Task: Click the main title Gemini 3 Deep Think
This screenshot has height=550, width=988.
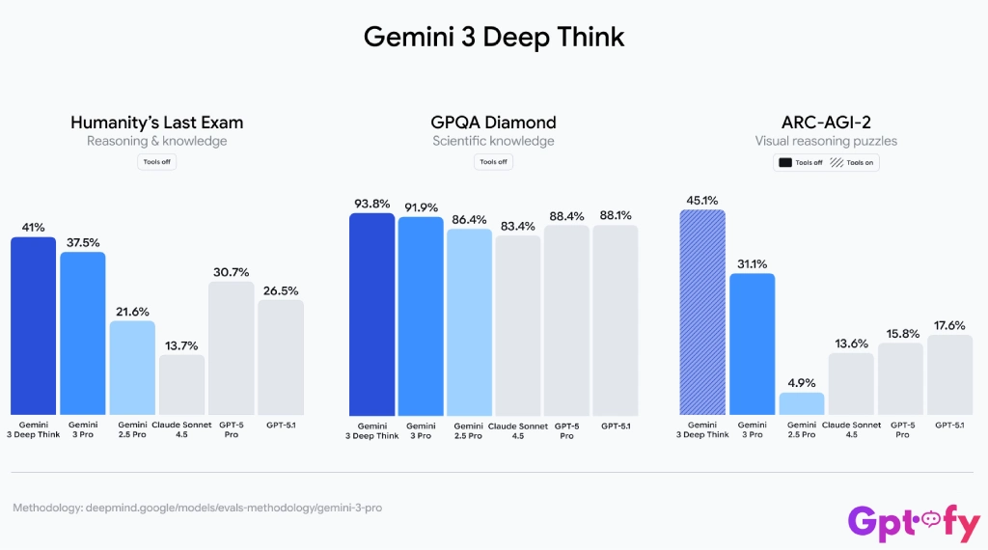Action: click(x=494, y=37)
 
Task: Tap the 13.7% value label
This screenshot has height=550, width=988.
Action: click(x=181, y=344)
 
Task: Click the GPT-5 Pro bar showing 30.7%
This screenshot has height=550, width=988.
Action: click(x=231, y=347)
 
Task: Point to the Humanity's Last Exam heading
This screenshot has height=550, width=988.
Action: click(x=156, y=123)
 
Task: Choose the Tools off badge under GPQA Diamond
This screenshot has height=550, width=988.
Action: click(x=493, y=162)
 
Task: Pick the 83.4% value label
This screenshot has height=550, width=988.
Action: click(x=517, y=225)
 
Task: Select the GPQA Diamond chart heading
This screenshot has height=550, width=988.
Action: click(x=493, y=123)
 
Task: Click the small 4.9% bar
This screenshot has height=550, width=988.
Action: click(x=802, y=403)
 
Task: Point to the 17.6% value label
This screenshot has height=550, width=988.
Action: click(x=948, y=325)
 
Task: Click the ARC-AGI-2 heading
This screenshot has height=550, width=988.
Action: click(x=825, y=123)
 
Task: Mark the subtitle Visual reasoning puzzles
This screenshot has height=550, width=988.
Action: click(x=825, y=141)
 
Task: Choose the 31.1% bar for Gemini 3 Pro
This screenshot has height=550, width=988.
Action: click(x=752, y=344)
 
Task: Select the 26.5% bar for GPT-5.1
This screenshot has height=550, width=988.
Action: click(x=281, y=357)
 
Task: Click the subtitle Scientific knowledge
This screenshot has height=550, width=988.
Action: click(x=493, y=141)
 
